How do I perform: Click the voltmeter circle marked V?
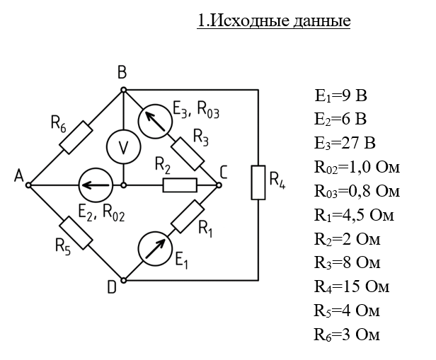click(x=124, y=147)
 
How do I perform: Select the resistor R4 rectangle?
click(x=259, y=183)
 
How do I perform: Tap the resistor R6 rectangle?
click(x=76, y=137)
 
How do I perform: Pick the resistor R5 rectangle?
click(x=76, y=233)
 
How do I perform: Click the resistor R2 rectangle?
click(x=180, y=185)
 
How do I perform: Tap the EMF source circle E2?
click(x=94, y=185)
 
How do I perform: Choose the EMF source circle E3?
click(x=155, y=120)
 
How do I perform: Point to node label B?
click(x=122, y=73)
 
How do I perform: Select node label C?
click(x=224, y=172)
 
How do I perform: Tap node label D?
click(x=111, y=286)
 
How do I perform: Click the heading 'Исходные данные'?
click(x=274, y=21)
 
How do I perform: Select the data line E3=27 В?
click(x=345, y=144)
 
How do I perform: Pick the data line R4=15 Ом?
click(x=352, y=286)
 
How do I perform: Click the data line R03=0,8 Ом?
click(x=357, y=191)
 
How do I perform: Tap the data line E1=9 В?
click(x=341, y=95)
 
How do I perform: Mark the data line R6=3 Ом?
click(x=347, y=334)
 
